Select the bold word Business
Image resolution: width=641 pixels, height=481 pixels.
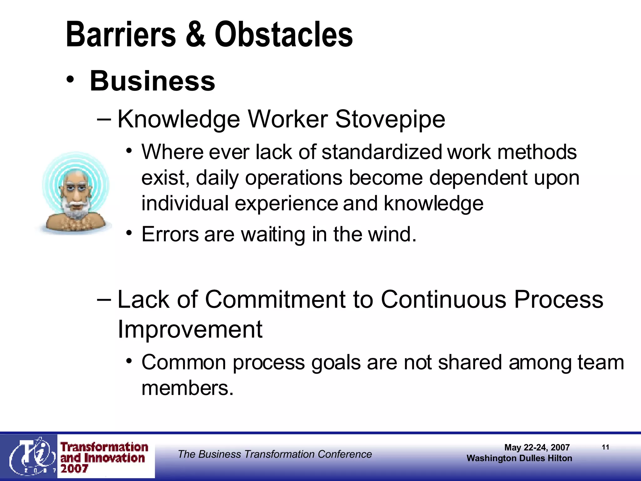(x=152, y=81)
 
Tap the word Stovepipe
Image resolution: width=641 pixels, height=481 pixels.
(x=390, y=119)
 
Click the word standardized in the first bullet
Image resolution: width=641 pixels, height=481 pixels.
(x=381, y=152)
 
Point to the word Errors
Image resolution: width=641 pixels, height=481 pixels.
(x=170, y=234)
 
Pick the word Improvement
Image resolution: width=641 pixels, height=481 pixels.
(x=190, y=329)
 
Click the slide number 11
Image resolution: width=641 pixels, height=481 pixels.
(x=605, y=447)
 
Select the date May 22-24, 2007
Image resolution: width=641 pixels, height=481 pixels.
(x=537, y=447)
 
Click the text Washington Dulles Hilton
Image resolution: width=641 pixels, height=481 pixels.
(x=519, y=458)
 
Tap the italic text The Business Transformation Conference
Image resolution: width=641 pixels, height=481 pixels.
(x=275, y=454)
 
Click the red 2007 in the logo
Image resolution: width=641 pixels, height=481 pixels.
(x=74, y=469)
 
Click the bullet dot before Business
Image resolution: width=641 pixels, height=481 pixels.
(x=70, y=80)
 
